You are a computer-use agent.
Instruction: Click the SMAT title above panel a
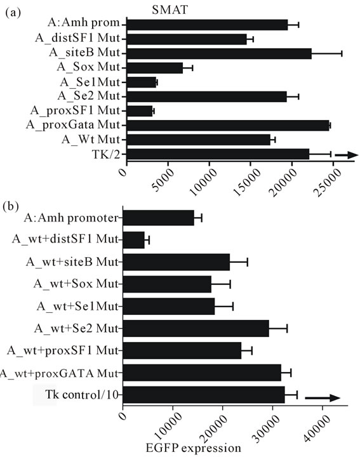170,10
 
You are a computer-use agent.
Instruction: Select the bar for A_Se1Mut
142,83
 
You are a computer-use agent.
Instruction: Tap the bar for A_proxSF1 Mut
140,111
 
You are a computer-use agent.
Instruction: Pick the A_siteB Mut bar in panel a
219,53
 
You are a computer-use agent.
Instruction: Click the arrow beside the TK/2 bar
347,155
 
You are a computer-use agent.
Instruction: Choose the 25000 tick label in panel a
328,182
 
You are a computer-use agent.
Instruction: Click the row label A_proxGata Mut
73,125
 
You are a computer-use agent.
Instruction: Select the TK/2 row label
105,154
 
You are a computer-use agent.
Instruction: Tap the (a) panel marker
13,13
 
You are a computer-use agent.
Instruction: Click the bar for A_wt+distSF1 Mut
133,240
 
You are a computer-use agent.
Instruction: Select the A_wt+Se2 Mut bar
196,329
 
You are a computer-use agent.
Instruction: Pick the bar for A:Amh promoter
158,218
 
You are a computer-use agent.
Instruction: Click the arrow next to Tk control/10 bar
323,398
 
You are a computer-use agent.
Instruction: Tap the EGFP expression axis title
193,448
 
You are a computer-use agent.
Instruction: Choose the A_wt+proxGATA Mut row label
59,373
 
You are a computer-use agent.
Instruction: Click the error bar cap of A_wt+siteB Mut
248,262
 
